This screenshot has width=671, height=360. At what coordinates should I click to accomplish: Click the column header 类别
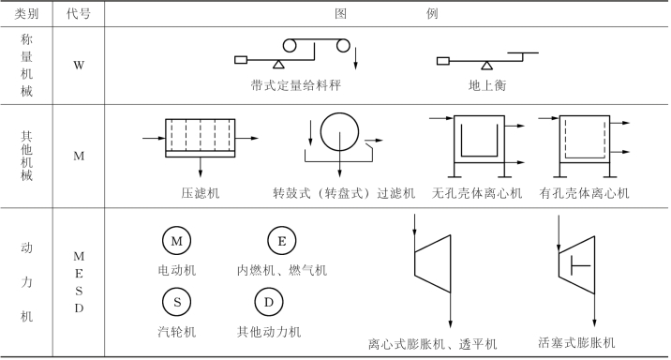coord(26,14)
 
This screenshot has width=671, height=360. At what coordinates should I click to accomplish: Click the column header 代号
coord(79,14)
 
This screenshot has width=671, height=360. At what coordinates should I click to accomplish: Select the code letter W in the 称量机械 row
coord(79,66)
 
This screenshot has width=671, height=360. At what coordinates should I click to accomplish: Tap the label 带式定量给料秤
coord(296,85)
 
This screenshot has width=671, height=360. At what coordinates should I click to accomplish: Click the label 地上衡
coord(487,85)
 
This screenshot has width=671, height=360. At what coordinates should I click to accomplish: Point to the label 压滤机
coord(201,193)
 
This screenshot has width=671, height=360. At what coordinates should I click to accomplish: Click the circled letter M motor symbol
coord(176,241)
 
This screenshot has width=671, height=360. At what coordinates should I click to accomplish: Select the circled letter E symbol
coord(281,241)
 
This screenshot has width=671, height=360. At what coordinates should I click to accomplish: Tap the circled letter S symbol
coord(176,302)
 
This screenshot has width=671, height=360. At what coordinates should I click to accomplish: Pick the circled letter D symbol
coord(269,302)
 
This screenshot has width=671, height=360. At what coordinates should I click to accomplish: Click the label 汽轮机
coord(177,331)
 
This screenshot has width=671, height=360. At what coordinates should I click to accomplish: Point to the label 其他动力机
coord(269,331)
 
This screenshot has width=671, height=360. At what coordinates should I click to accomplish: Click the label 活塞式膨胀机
coord(576,342)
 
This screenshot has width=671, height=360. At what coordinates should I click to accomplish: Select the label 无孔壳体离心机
coord(477,193)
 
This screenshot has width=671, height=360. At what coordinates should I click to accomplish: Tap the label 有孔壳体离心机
coord(584,193)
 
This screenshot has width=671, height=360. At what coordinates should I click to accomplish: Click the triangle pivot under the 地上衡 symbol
coord(486,66)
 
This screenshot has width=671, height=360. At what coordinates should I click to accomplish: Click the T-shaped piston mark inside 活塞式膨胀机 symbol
coord(580,265)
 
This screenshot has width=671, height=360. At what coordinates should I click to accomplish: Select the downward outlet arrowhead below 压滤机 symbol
coord(201,172)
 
